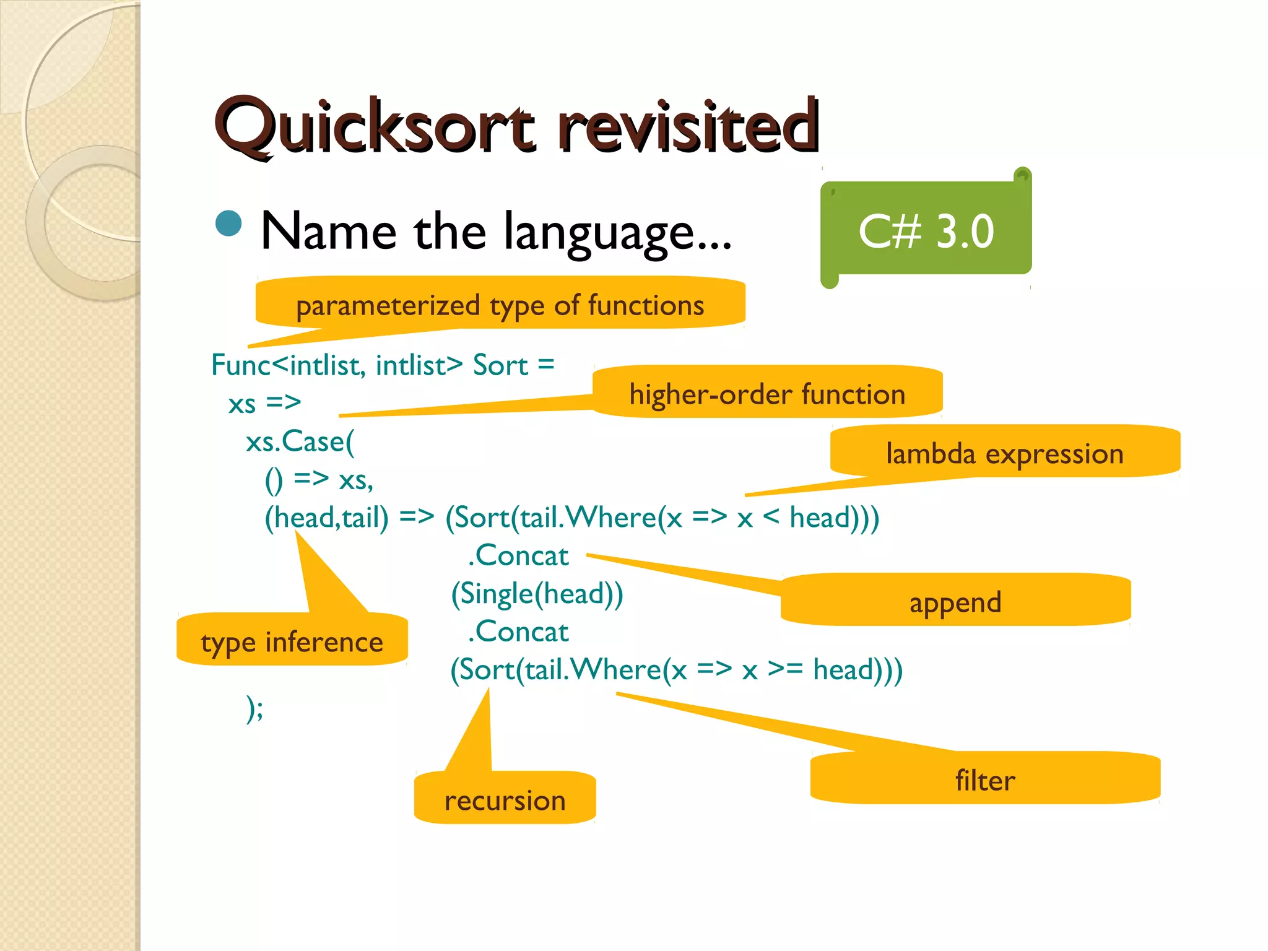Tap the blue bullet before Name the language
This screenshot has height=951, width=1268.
coord(228,224)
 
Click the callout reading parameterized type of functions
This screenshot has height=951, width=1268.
coord(500,304)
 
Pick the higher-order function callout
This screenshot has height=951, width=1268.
coord(767,393)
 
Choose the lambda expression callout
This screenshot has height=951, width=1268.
coord(1004,453)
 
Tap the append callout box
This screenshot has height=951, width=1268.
coord(955,601)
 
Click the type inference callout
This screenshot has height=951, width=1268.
coord(292,641)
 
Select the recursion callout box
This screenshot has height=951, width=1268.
coord(505,799)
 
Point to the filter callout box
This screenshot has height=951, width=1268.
coord(984,779)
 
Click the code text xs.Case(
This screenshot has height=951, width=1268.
coord(300,441)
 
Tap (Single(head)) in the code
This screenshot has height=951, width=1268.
coord(537,594)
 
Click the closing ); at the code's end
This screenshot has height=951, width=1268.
coord(254,708)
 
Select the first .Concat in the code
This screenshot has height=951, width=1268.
coord(518,555)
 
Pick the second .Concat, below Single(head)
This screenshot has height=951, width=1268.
coord(518,632)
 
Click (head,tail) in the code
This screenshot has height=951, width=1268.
coord(326,518)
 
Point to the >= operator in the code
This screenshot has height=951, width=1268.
coord(785,669)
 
